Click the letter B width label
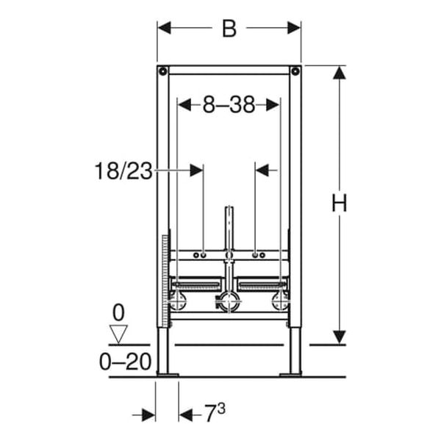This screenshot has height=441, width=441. point(229,29)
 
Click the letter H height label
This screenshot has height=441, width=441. point(339,203)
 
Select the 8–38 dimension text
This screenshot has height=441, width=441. point(229,104)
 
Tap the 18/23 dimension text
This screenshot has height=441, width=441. point(123,171)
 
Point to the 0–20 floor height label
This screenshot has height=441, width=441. point(126,362)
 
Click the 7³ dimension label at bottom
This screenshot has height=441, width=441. point(215,413)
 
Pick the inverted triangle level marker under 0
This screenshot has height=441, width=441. point(118,334)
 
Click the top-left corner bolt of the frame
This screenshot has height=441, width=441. point(163,71)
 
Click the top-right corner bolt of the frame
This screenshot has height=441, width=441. point(295,71)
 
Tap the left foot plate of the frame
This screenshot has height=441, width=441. point(168,375)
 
